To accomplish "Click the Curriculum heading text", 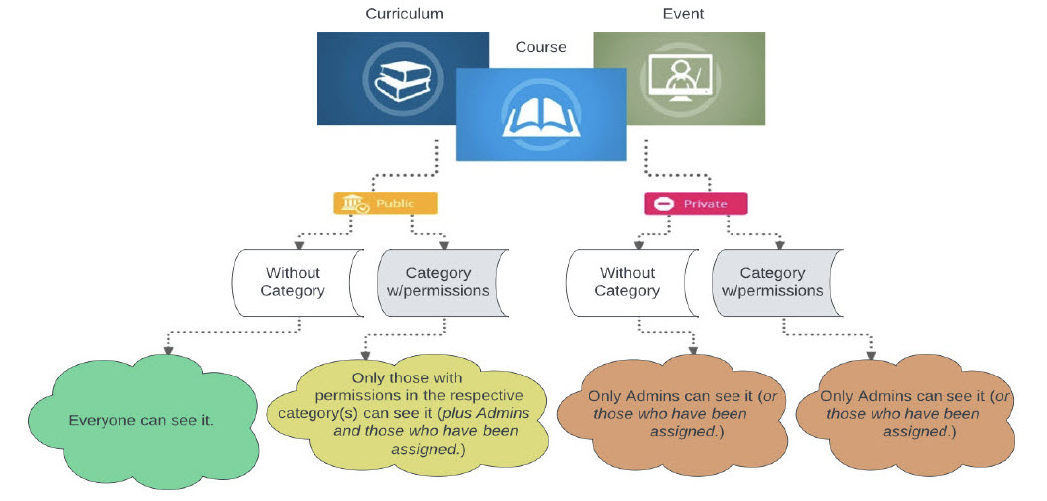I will point(403,14).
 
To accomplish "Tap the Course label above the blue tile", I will point(540,47).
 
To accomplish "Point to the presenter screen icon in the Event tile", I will point(679,79).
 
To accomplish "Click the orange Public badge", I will point(385,203).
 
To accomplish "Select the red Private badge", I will point(696,204).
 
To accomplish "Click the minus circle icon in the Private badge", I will point(663,204).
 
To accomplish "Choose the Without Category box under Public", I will point(295,281).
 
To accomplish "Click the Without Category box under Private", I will point(627,281).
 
